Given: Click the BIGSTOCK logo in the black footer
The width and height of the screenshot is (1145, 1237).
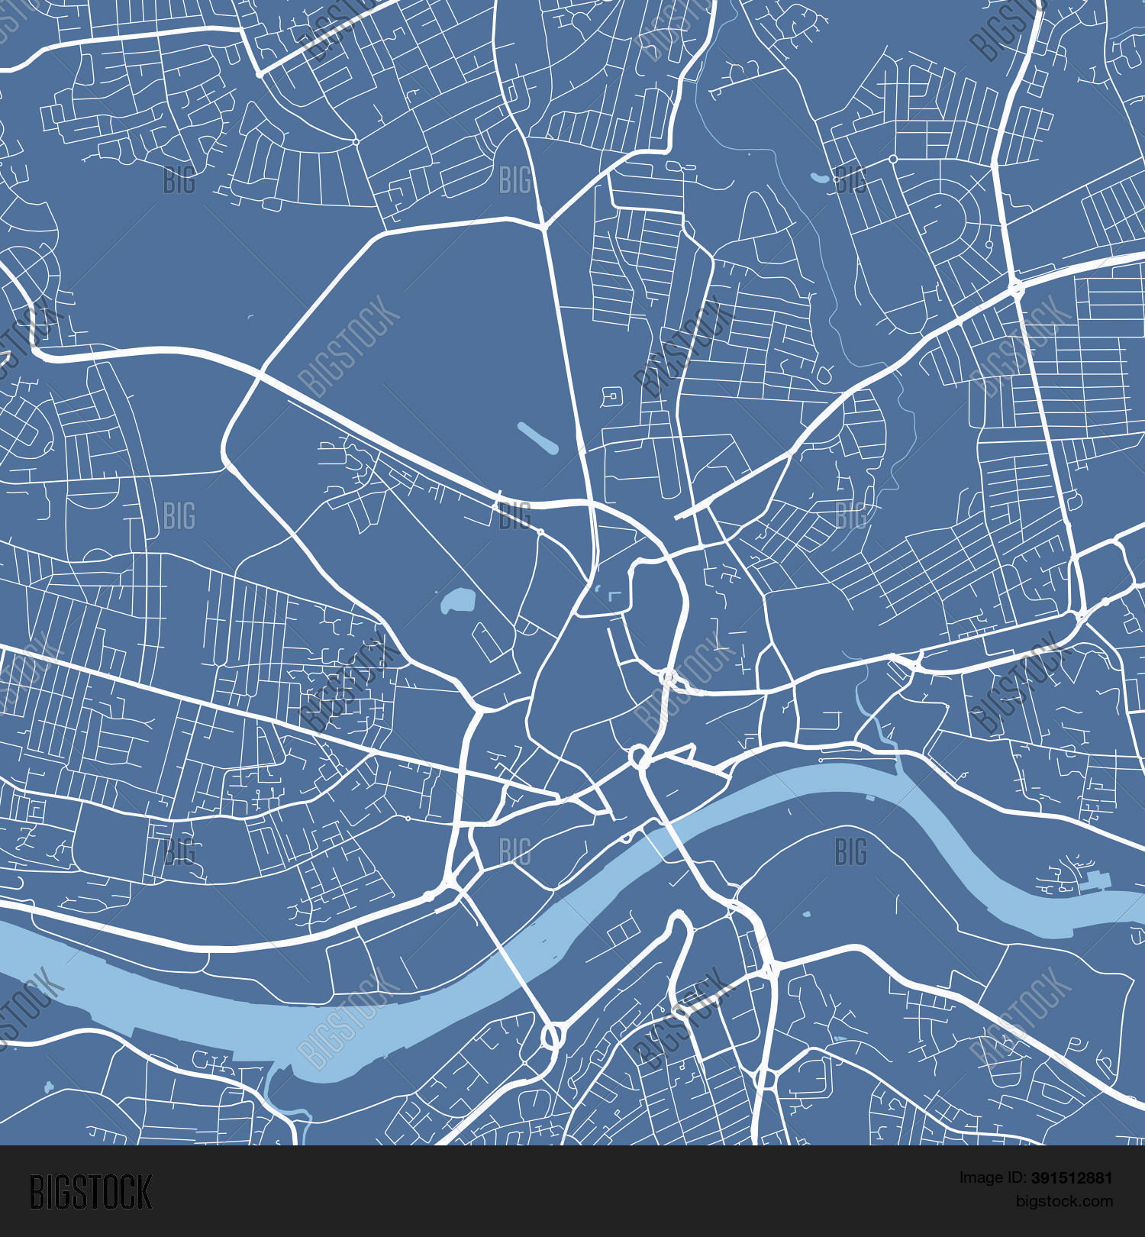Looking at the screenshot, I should point(91,1192).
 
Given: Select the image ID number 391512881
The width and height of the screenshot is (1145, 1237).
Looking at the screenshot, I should point(1072,1178).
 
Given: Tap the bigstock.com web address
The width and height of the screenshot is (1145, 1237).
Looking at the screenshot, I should point(1064,1201).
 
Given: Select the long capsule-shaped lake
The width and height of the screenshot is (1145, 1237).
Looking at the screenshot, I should point(537,438).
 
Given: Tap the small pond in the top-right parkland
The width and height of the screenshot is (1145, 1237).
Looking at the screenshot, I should point(819,179).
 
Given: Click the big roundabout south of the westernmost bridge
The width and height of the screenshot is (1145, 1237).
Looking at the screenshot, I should point(552,1037).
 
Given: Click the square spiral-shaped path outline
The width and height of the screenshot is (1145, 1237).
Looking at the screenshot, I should point(611,396).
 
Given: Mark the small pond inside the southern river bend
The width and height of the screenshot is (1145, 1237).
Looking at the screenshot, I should point(807,914).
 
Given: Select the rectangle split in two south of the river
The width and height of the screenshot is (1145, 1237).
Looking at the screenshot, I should point(624,929).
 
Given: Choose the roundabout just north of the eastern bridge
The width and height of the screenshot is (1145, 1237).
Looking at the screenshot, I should point(639,757).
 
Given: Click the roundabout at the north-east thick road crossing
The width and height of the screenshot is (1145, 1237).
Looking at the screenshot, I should point(1017,289).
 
